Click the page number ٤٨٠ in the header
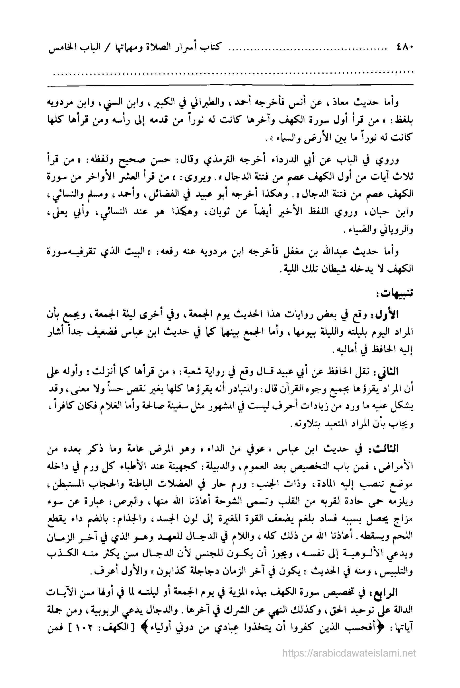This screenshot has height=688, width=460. pyautogui.click(x=405, y=47)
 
